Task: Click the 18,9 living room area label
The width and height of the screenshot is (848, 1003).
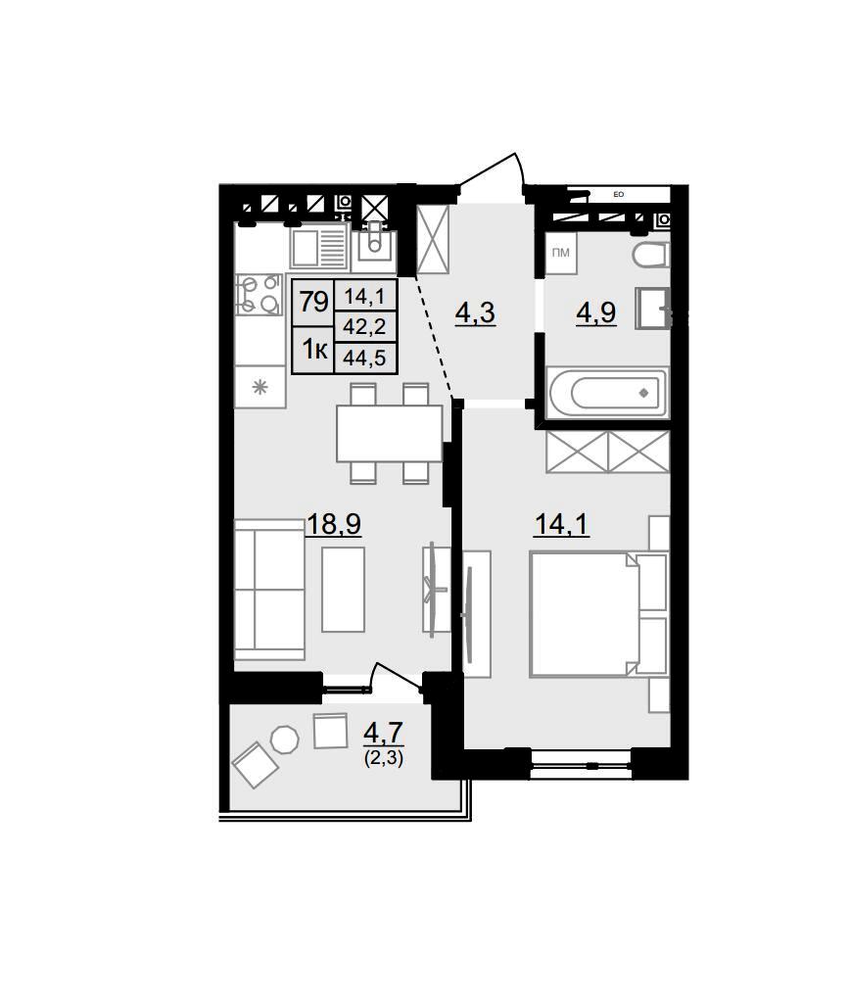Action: tap(334, 525)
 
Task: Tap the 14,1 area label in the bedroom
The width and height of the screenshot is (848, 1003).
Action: tap(561, 525)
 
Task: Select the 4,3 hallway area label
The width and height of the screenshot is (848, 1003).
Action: tap(475, 313)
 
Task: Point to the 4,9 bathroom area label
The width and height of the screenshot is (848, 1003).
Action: tap(596, 312)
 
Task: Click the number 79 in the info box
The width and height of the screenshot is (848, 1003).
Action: tap(313, 302)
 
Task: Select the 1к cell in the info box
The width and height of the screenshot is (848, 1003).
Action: tap(314, 350)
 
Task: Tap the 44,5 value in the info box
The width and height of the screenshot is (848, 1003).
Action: tap(364, 358)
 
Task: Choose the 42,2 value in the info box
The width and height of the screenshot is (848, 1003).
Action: tap(364, 327)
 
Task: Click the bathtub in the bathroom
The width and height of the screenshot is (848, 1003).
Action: tap(607, 393)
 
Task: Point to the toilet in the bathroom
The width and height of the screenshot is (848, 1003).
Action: tap(651, 256)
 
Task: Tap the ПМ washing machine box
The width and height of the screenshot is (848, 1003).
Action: tap(561, 254)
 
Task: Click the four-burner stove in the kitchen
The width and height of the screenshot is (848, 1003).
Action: tap(259, 295)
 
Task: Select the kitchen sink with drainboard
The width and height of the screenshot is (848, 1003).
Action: tap(318, 249)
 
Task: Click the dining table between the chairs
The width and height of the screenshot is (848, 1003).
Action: tap(390, 434)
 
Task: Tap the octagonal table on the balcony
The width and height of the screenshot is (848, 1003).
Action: tap(285, 740)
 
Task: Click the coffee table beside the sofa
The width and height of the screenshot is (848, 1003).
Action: tap(344, 589)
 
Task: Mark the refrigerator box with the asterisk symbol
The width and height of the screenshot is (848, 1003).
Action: tap(259, 386)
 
